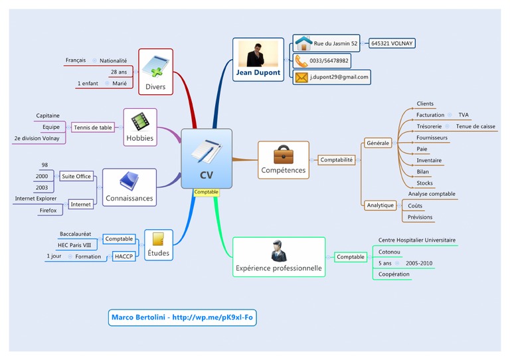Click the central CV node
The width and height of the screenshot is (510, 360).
[207, 159]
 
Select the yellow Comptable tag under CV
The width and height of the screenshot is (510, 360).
[207, 193]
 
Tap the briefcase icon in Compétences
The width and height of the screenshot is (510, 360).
[283, 155]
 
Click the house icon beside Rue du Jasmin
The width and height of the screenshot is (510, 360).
[303, 43]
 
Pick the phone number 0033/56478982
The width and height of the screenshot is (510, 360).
[329, 61]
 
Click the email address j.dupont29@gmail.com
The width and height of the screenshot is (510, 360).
[339, 77]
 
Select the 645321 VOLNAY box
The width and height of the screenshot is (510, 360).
[392, 43]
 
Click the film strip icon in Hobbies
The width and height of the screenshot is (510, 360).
[139, 122]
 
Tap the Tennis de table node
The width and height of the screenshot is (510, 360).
[93, 128]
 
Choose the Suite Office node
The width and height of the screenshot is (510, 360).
[76, 176]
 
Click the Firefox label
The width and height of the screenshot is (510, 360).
[48, 210]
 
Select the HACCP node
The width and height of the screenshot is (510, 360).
[124, 256]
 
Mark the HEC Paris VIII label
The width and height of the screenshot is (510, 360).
[74, 245]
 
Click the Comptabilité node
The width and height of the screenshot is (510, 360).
[337, 160]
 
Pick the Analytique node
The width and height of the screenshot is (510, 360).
[380, 205]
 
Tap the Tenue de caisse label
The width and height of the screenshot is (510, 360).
[475, 126]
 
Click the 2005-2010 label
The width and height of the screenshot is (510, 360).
[419, 264]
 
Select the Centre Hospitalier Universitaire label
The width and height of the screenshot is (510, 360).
[417, 240]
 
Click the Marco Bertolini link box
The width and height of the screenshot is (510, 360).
[182, 317]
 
